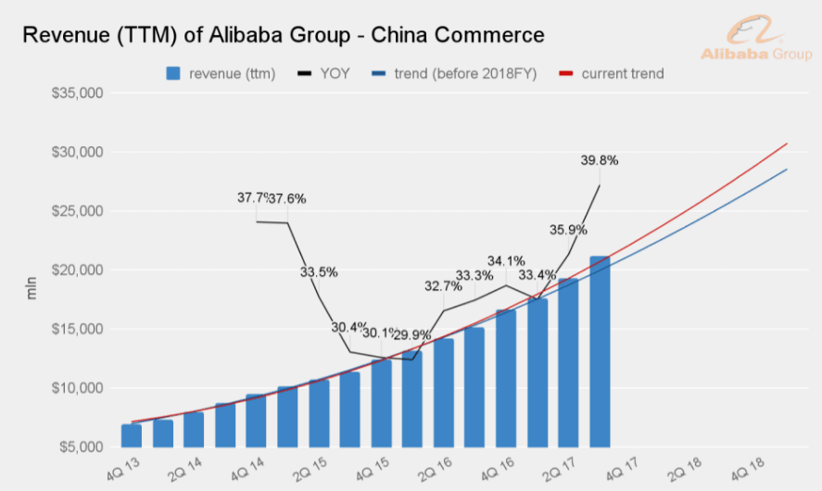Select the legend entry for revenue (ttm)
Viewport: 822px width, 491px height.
(x=221, y=73)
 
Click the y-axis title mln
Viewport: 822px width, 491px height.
(x=32, y=286)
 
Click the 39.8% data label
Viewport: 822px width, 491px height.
(x=599, y=160)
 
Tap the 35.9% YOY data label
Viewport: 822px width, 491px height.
(x=567, y=230)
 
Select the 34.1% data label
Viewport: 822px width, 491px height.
(x=506, y=261)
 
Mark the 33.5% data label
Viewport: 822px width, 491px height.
(x=318, y=272)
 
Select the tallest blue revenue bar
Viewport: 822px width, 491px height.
(x=600, y=351)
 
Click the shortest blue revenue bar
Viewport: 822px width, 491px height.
(x=132, y=435)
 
